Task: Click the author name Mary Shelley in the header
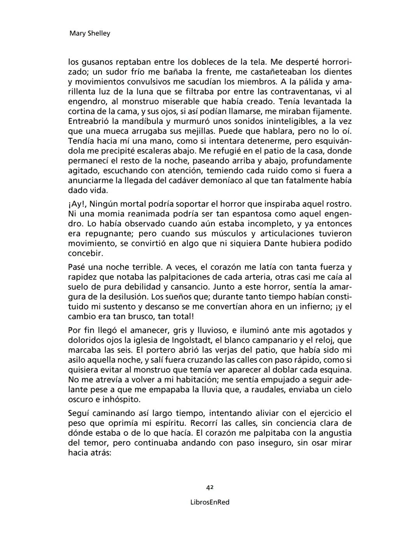89,33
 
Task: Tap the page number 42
210,487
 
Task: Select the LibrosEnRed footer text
210,502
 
